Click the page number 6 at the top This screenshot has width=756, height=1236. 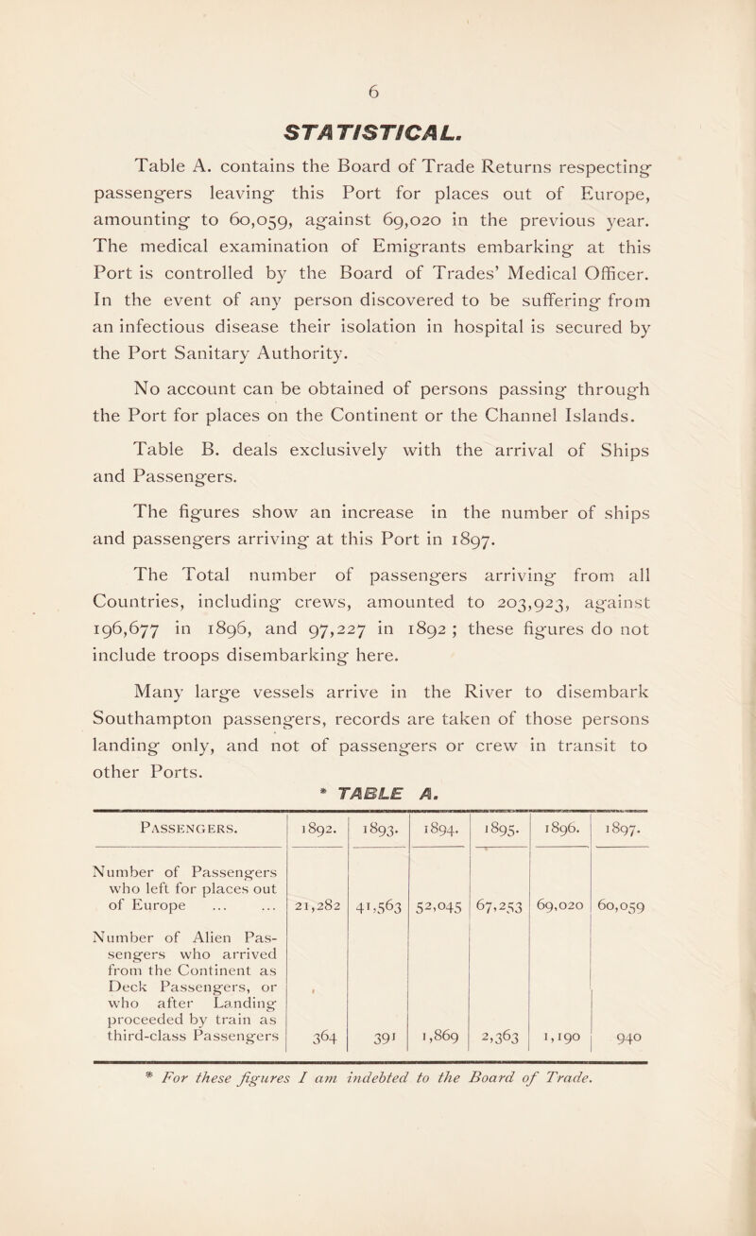(377, 83)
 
